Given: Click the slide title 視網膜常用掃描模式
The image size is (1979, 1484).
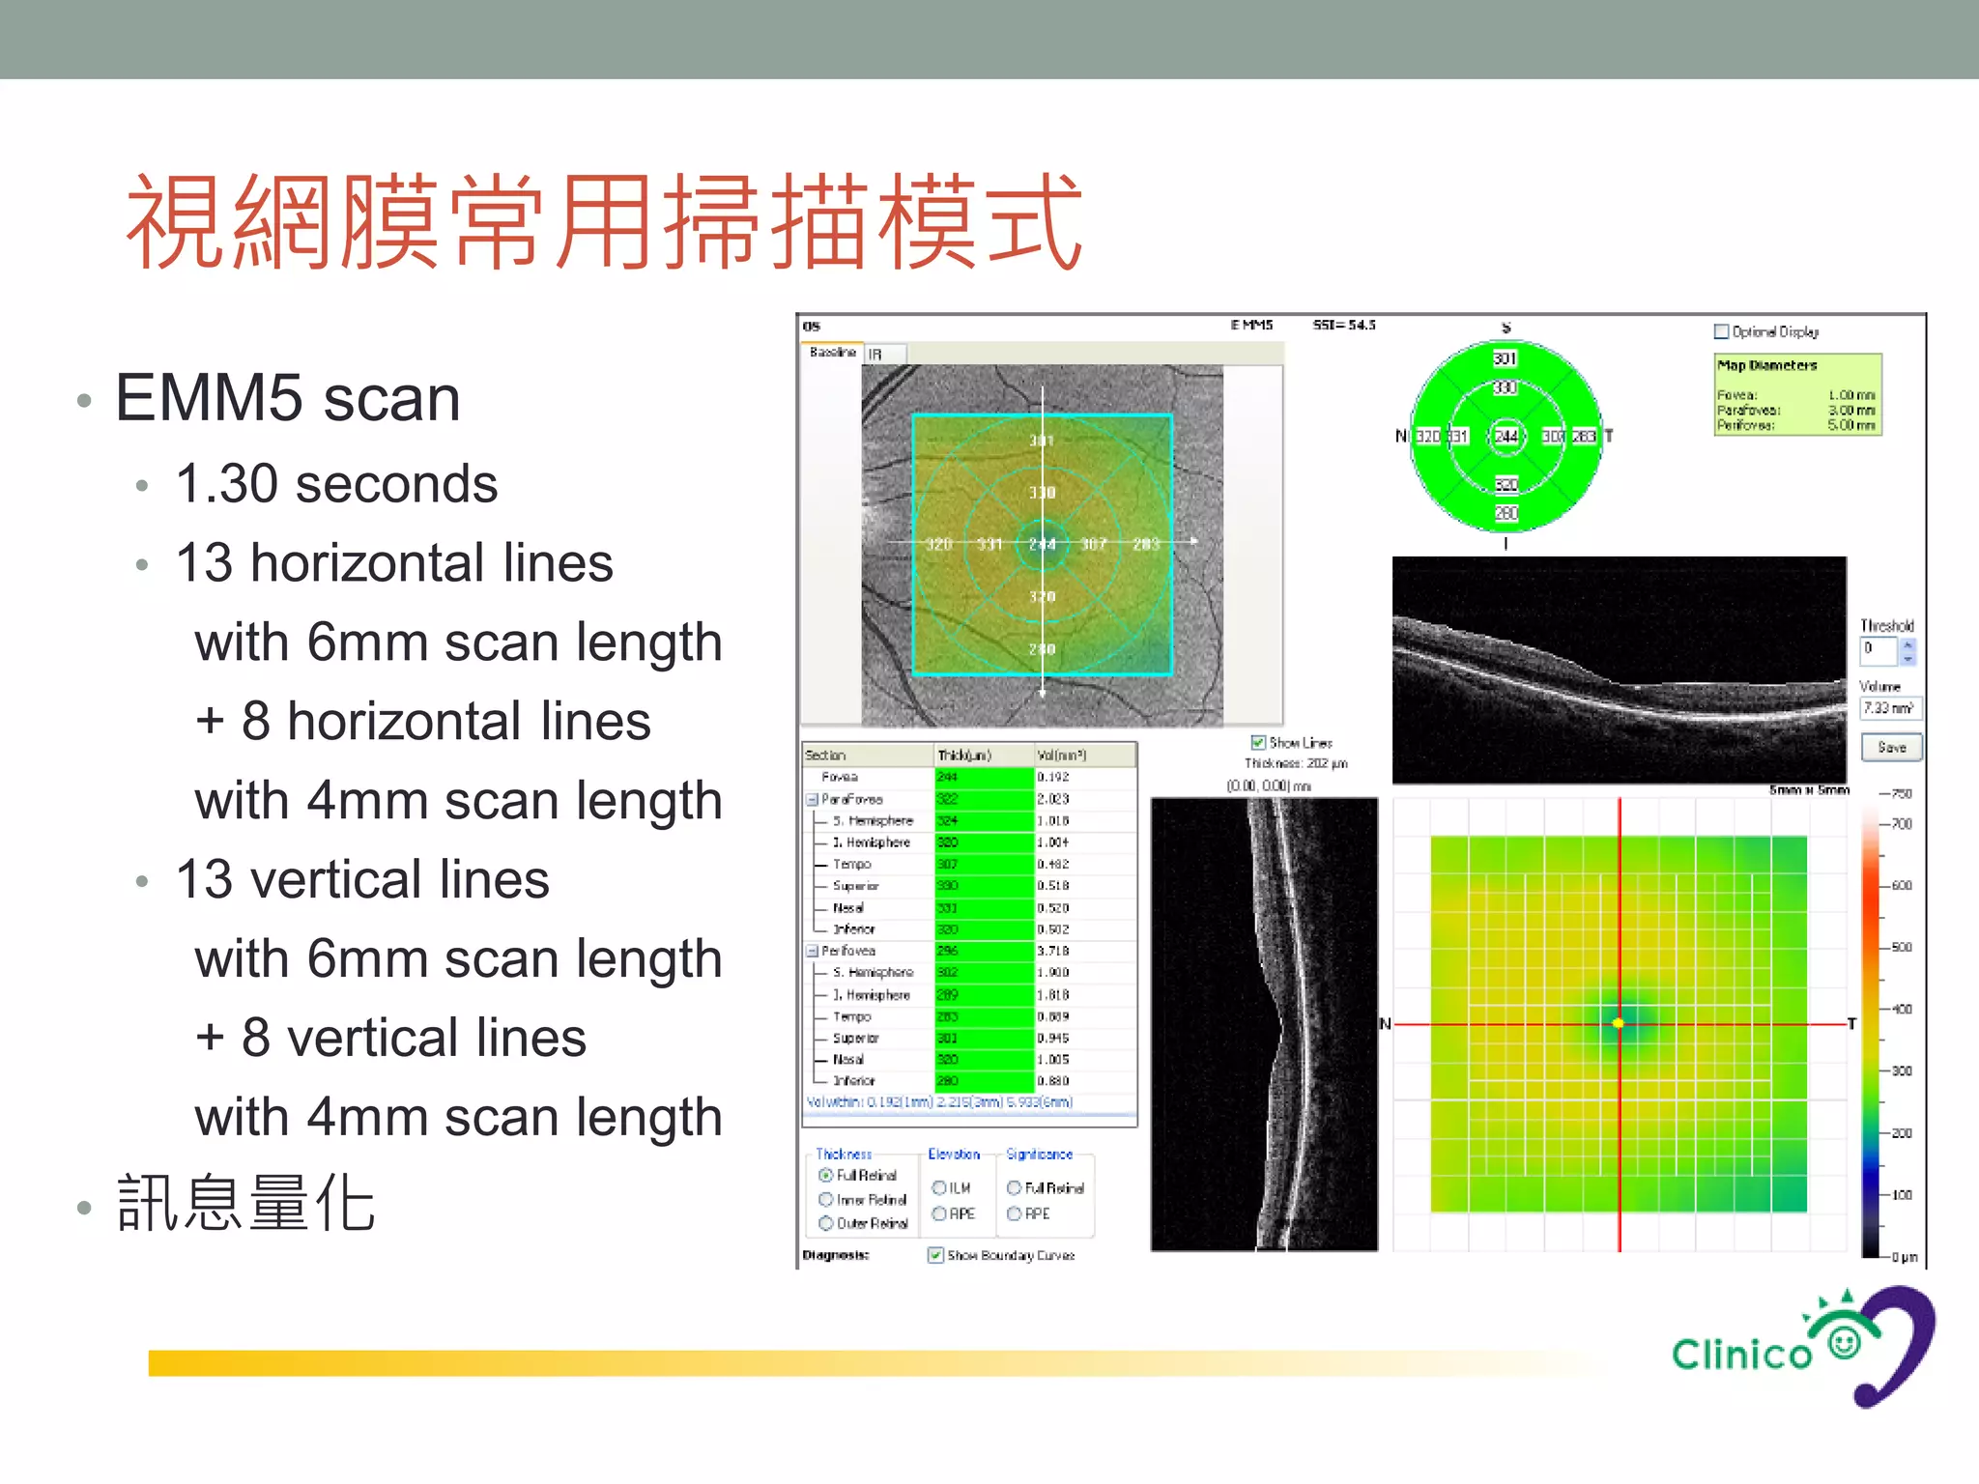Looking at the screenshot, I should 605,222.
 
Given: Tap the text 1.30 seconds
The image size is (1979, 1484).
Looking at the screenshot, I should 336,483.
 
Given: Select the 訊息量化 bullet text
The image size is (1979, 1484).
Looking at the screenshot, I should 246,1204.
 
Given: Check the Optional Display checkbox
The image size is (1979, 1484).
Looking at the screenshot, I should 1721,331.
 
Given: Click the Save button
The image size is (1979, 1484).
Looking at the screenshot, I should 1891,747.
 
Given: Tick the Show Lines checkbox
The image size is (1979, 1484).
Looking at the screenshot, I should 1258,742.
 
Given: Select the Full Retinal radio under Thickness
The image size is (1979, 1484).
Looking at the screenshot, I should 826,1175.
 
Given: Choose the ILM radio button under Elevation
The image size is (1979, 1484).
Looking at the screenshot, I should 938,1187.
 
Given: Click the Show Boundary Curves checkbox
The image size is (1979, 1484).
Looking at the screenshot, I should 935,1255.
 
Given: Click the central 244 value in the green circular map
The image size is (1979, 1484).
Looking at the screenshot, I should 1506,436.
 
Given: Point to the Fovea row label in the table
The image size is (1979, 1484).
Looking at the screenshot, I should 839,777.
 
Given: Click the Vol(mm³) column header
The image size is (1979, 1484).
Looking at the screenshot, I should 1061,755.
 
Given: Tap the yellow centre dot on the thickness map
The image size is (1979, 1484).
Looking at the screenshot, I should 1619,1023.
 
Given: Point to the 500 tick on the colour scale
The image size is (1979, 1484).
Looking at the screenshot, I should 1900,947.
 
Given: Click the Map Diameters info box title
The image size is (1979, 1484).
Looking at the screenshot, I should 1766,365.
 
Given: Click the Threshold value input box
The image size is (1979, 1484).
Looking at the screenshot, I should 1879,649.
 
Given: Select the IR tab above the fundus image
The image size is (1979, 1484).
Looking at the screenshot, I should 875,355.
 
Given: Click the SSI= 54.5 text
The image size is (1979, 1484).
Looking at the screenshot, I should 1343,325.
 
